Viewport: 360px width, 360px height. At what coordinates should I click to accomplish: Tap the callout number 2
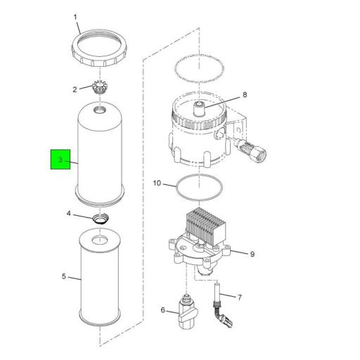pos(74,89)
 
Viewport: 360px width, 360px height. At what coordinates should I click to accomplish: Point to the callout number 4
pos(70,213)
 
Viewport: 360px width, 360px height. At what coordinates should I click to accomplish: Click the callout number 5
pos(64,276)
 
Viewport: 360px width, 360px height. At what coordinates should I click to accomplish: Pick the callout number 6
pos(163,309)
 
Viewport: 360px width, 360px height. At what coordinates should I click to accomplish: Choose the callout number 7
pos(240,297)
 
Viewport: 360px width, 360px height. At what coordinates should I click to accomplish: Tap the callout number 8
pos(245,94)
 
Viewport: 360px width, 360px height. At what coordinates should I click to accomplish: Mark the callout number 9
pos(252,254)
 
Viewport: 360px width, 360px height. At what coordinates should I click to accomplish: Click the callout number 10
pos(157,184)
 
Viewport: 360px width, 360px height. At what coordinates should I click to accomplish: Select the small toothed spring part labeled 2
pos(103,90)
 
